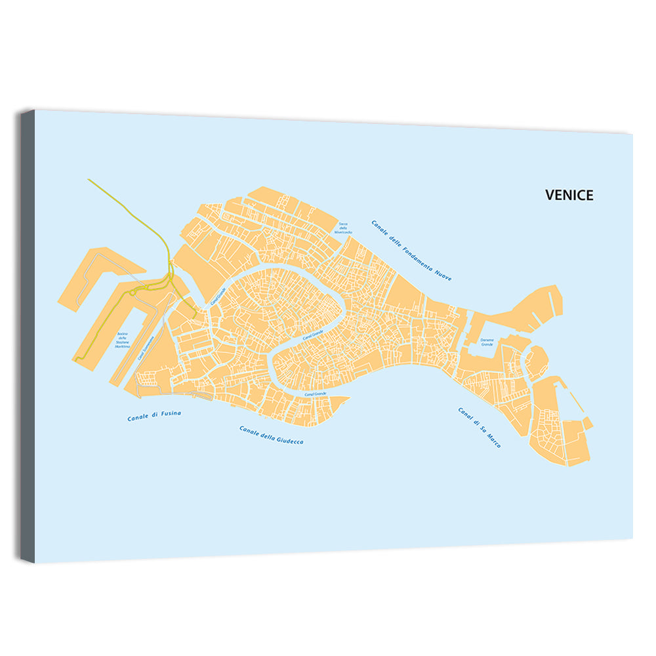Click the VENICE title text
tap(569, 195)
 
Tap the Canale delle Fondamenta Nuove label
tap(411, 251)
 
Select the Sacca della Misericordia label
tap(343, 227)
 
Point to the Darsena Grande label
tap(487, 342)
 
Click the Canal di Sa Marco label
tap(479, 428)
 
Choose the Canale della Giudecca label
tap(271, 435)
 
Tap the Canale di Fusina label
tap(154, 415)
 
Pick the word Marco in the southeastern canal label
tap(493, 440)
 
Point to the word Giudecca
tap(289, 439)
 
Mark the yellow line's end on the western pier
tap(76, 359)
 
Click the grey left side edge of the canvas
tap(27, 335)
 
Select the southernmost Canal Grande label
tap(315, 394)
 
